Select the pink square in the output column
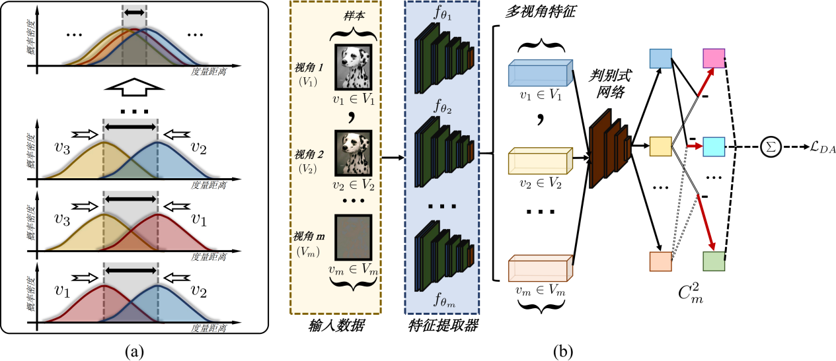click(713, 59)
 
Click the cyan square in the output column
click(713, 145)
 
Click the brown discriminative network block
click(608, 146)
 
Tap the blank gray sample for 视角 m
click(353, 234)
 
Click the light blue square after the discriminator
click(660, 59)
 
